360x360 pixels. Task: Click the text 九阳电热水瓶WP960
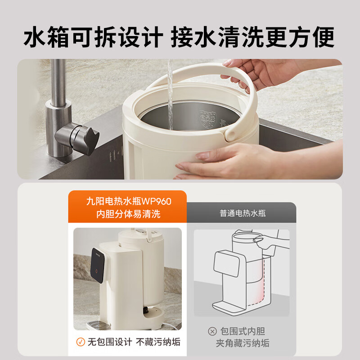pyautogui.click(x=129, y=201)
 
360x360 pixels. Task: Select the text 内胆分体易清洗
pyautogui.click(x=129, y=214)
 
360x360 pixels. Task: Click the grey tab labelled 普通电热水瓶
pyautogui.click(x=243, y=213)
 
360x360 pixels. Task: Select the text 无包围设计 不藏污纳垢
pyautogui.click(x=134, y=342)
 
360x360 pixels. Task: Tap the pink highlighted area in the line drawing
pyautogui.click(x=263, y=279)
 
